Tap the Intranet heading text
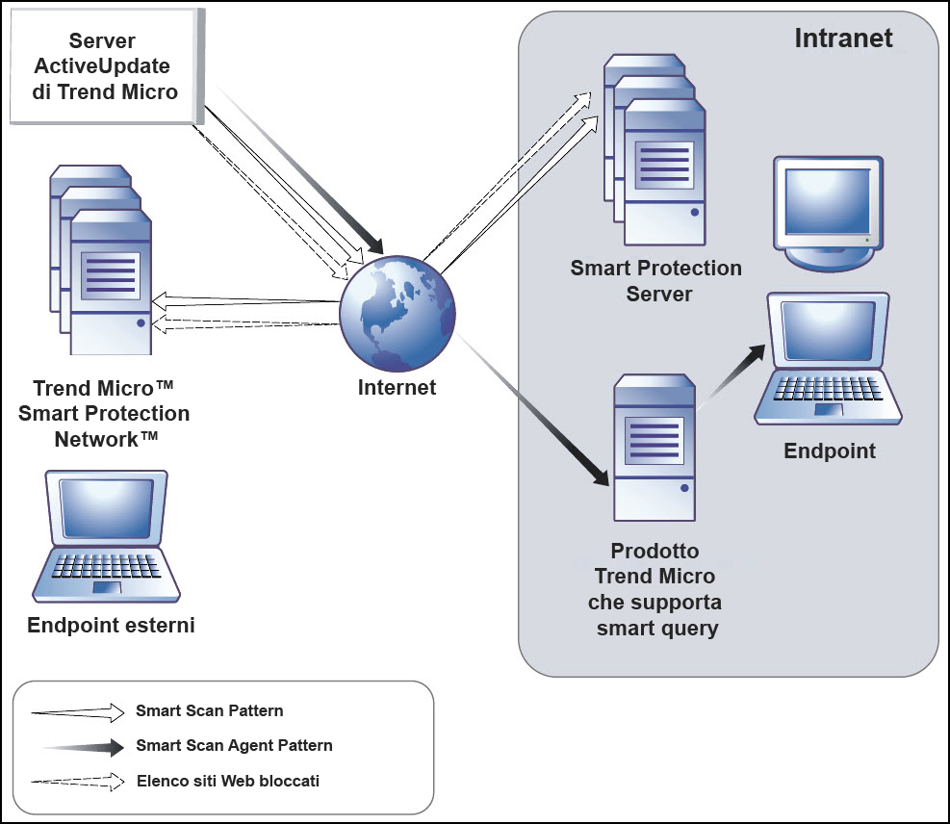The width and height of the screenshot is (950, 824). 843,39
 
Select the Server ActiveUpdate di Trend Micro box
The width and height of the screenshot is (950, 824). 102,67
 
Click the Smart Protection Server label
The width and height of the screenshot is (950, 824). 656,281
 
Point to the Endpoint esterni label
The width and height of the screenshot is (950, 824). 111,626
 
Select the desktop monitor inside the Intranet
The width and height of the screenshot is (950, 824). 829,212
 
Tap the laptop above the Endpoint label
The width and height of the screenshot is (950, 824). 829,361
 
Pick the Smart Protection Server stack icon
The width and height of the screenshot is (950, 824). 653,154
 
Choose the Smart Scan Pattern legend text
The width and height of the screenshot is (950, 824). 210,711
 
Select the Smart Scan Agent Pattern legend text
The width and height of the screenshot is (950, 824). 235,745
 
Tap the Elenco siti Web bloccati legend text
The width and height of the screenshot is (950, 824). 228,781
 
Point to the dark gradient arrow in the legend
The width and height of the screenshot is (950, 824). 82,746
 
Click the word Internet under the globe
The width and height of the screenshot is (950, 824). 397,388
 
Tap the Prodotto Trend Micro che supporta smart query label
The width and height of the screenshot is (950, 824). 655,590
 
